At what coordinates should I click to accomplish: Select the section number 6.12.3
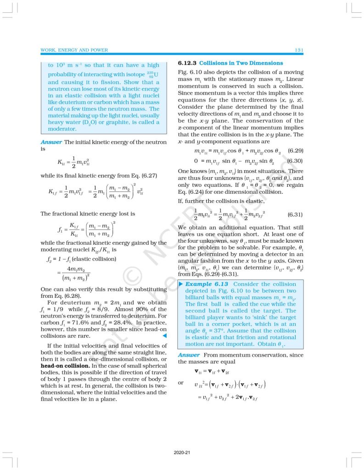click(x=187, y=63)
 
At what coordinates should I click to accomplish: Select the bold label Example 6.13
click(x=207, y=285)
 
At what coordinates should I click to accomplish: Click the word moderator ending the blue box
click(x=62, y=130)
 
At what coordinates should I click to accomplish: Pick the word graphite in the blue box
click(x=121, y=122)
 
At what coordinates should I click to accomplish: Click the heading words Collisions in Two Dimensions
click(x=241, y=63)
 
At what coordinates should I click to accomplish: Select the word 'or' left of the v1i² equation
click(x=181, y=383)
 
